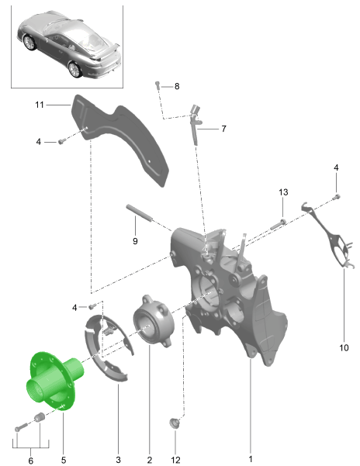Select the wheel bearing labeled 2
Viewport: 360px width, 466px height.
154,321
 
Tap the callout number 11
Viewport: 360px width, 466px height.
40,105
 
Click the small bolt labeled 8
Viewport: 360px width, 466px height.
157,85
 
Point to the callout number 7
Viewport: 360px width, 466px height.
223,129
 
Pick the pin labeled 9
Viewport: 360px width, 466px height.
140,212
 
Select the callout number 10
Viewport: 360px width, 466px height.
344,347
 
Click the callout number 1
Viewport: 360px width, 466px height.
251,458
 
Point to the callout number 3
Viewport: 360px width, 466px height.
118,460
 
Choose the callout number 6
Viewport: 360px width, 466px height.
30,461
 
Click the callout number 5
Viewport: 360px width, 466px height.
64,460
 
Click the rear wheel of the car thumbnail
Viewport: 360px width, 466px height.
74,70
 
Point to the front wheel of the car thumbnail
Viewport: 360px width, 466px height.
29,43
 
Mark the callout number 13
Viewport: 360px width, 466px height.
283,192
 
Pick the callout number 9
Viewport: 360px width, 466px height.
135,240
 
